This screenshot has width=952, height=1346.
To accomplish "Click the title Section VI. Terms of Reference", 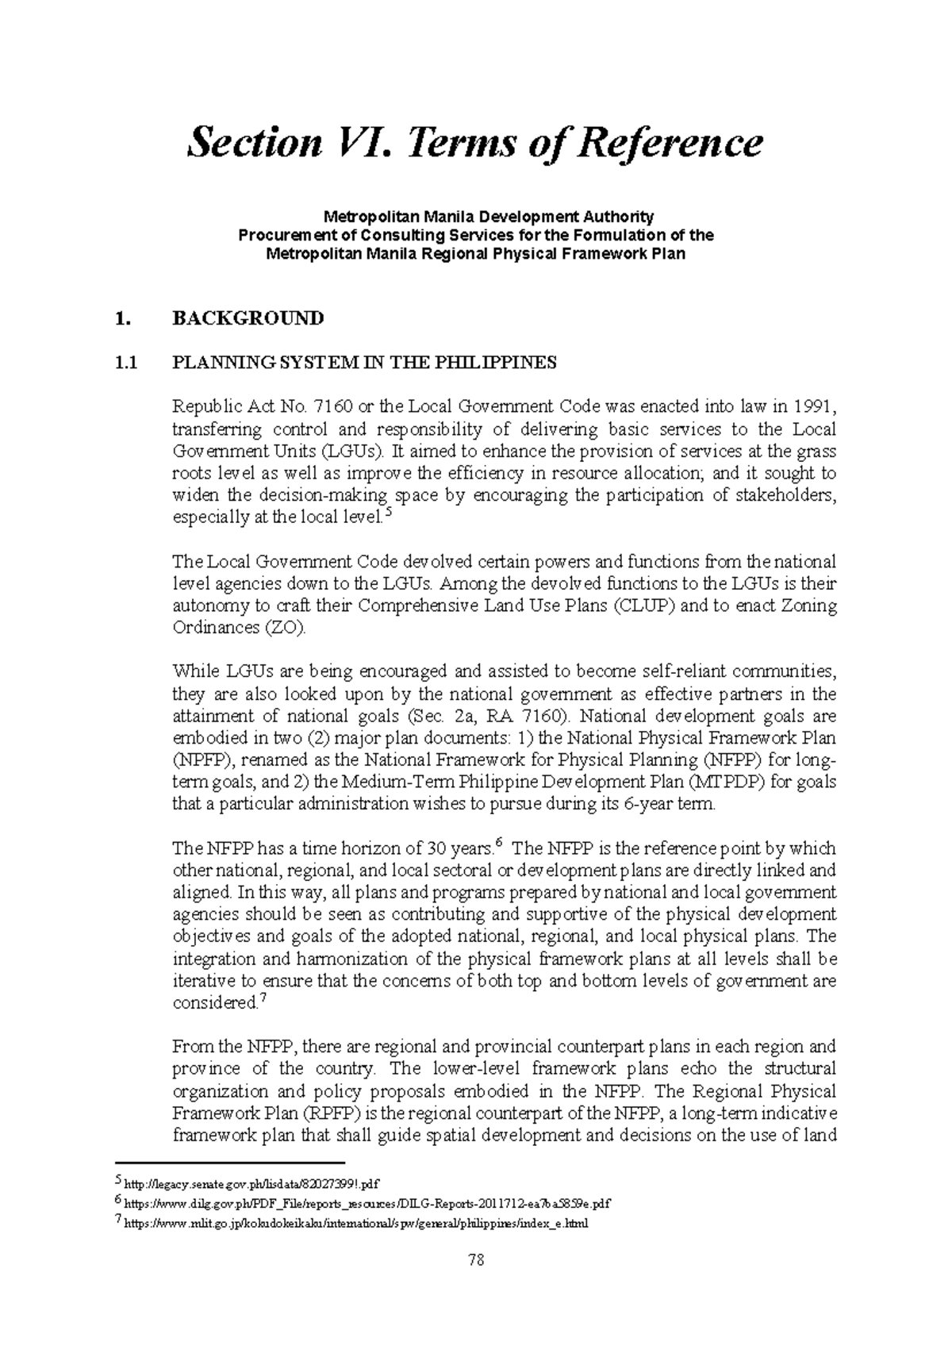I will click(x=474, y=144).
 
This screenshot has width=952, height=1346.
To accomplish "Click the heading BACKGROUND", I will click(x=248, y=318).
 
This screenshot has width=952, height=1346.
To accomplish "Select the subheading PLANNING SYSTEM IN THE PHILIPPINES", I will click(x=364, y=363).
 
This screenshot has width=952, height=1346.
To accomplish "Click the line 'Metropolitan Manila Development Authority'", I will click(x=487, y=216).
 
